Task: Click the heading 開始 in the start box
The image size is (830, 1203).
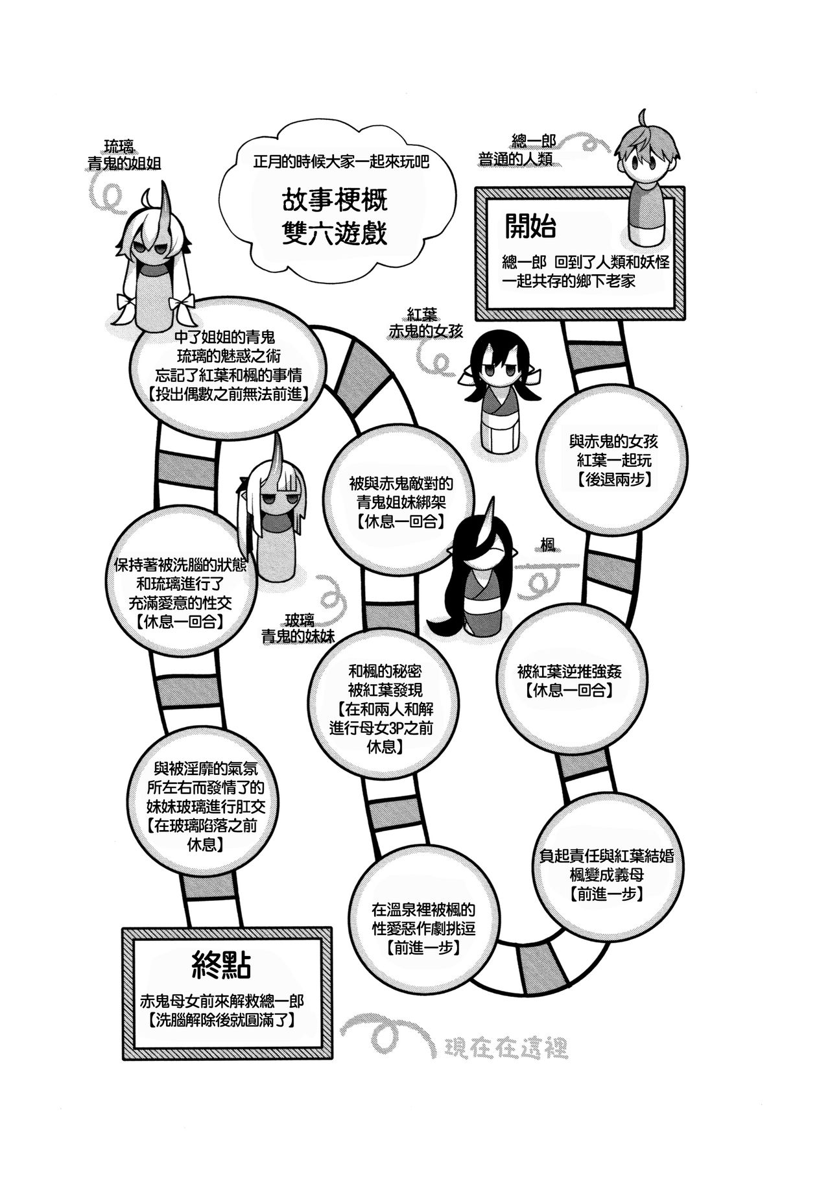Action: (x=530, y=226)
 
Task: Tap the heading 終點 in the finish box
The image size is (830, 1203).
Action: (x=222, y=966)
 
